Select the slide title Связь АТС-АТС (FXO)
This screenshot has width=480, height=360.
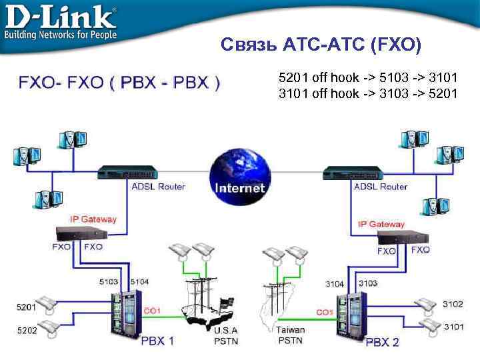[321, 45]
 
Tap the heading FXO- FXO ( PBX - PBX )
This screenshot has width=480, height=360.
[119, 83]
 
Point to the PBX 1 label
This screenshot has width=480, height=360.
[157, 341]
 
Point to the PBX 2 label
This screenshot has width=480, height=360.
[382, 342]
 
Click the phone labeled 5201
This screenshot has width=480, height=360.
[48, 305]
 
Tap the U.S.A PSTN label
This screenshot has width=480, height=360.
[225, 335]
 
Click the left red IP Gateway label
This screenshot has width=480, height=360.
[93, 219]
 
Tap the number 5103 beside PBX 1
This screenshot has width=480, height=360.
[109, 282]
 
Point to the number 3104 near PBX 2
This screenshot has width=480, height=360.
[335, 284]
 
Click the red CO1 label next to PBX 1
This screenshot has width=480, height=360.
[152, 311]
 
